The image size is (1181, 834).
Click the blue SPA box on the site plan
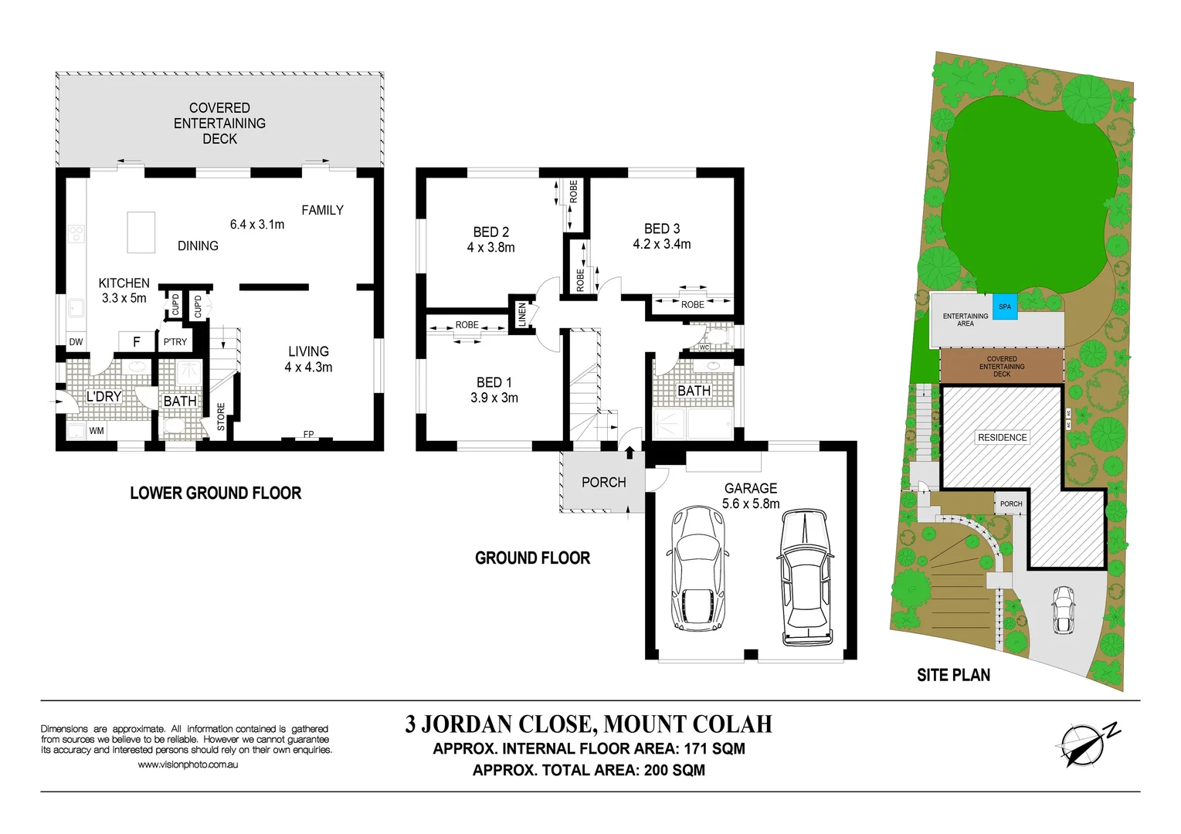[x=1004, y=307]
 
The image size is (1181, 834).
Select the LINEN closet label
[x=522, y=314]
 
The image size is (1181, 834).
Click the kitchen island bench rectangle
[x=141, y=232]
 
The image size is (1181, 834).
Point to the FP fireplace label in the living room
[x=308, y=435]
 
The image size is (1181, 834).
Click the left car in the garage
[x=699, y=569]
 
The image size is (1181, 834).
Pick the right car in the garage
[x=806, y=577]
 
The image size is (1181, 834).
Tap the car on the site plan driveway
[x=1063, y=609]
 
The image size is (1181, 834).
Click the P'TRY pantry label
[x=175, y=342]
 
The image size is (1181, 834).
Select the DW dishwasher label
[x=76, y=342]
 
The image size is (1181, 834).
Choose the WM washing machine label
[x=97, y=431]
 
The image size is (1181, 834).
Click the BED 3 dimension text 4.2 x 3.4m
[x=662, y=244]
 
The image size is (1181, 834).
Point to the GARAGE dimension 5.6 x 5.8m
[x=751, y=503]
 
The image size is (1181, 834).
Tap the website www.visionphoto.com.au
[x=188, y=764]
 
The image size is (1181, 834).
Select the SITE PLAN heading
[x=953, y=675]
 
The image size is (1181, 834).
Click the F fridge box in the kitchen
[x=137, y=341]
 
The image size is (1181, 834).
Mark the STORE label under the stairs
[x=221, y=417]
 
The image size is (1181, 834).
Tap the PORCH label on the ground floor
[x=603, y=483]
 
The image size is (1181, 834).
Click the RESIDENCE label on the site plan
[x=1002, y=437]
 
